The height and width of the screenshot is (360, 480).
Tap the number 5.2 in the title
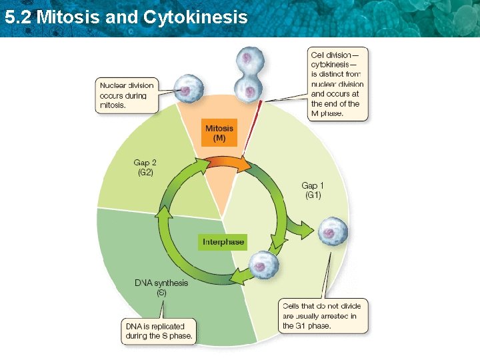pos(18,16)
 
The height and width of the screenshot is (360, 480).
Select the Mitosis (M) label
pos(219,133)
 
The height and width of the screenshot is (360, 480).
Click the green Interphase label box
pos(223,241)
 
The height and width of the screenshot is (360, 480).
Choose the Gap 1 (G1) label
pos(313,190)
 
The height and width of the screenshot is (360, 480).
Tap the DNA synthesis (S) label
pos(161,287)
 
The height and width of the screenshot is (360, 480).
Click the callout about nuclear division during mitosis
pos(127,95)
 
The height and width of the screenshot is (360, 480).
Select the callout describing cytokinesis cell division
pos(337,83)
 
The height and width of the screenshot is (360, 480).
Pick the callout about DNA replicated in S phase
pos(159,331)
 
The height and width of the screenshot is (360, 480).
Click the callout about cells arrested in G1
pos(323,317)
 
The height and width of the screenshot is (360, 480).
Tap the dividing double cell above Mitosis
pos(251,75)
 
